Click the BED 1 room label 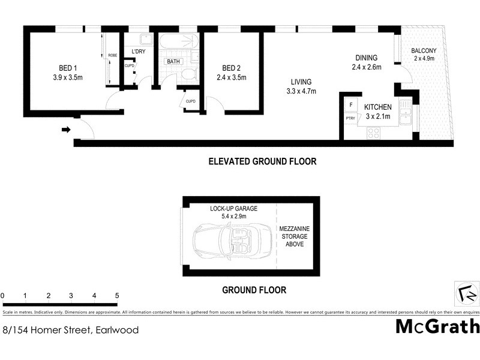pyautogui.click(x=67, y=67)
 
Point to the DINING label pyautogui.click(x=366, y=58)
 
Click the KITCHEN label pyautogui.click(x=378, y=107)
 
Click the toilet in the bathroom pyautogui.click(x=188, y=74)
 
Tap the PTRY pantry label pyautogui.click(x=350, y=118)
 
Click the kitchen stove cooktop pyautogui.click(x=373, y=133)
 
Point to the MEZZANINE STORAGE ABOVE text pyautogui.click(x=295, y=237)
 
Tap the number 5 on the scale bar pyautogui.click(x=117, y=296)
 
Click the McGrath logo pyautogui.click(x=437, y=326)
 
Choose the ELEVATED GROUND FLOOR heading pyautogui.click(x=262, y=161)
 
